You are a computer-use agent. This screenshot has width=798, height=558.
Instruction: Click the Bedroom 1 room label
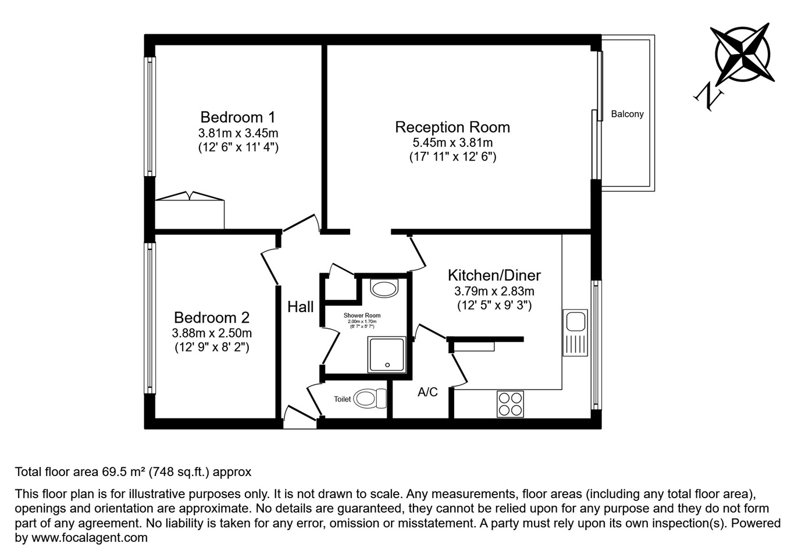pyautogui.click(x=237, y=117)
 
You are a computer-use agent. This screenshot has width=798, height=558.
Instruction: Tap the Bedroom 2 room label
pyautogui.click(x=212, y=317)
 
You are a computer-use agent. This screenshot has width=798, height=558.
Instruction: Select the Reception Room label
pyautogui.click(x=452, y=127)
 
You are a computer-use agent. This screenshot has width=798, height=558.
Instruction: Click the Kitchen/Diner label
pyautogui.click(x=494, y=275)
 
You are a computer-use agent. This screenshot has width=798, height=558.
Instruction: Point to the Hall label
pyautogui.click(x=300, y=307)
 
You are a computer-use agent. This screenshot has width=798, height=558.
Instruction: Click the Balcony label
pyautogui.click(x=627, y=114)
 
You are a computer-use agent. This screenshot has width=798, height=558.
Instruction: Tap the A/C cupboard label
pyautogui.click(x=427, y=392)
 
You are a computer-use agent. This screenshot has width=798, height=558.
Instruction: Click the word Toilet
pyautogui.click(x=342, y=399)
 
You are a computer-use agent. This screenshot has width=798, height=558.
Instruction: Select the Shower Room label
pyautogui.click(x=362, y=316)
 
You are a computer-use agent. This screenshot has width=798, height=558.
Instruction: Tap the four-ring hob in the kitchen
pyautogui.click(x=510, y=404)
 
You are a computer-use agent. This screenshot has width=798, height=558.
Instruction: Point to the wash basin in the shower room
pyautogui.click(x=384, y=288)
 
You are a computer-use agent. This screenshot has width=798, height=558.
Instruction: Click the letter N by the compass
pyautogui.click(x=708, y=96)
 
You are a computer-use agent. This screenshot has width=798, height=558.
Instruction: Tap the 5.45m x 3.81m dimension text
pyautogui.click(x=452, y=142)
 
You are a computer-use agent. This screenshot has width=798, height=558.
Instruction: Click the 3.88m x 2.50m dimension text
pyautogui.click(x=212, y=333)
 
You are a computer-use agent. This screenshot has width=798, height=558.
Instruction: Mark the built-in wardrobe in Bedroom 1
pyautogui.click(x=190, y=213)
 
